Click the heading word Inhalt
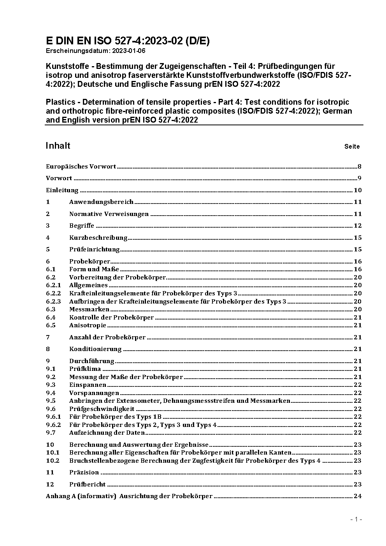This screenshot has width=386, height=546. [58, 146]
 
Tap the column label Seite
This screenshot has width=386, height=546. [352, 147]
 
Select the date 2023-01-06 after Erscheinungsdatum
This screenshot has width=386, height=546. [129, 51]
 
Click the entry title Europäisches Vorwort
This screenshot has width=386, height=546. [81, 167]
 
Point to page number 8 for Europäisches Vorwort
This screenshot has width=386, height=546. [360, 167]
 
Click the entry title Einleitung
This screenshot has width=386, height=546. [62, 190]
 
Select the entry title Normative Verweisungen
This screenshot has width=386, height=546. [109, 214]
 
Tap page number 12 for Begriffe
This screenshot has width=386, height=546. [357, 226]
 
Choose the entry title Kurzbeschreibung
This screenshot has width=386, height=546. [98, 238]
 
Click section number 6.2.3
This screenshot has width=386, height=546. [53, 302]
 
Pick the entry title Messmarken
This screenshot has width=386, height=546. [89, 309]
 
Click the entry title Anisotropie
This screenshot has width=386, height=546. [88, 325]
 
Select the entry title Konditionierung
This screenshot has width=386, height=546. [95, 349]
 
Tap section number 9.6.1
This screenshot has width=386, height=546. [53, 417]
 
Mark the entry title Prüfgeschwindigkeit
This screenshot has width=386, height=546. [102, 409]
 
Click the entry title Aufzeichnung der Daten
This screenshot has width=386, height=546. [107, 433]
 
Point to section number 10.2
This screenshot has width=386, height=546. [53, 461]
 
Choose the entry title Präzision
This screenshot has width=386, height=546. [84, 472]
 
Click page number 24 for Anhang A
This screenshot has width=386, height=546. [357, 496]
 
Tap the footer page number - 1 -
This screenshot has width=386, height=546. [356, 520]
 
